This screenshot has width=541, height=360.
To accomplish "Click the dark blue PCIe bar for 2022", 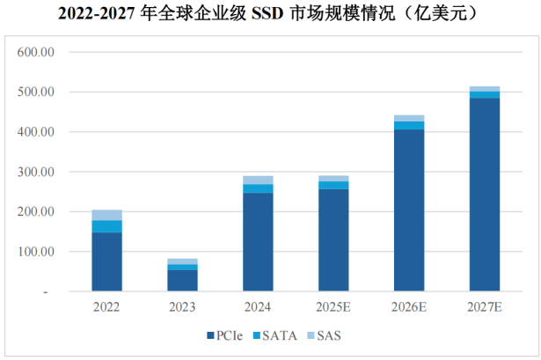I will pyautogui.click(x=106, y=261).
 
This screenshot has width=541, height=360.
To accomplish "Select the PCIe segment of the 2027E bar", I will pyautogui.click(x=484, y=194).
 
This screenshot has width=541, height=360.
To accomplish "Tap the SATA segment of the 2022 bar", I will pyautogui.click(x=106, y=226).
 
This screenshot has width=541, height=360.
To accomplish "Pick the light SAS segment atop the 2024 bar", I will pyautogui.click(x=258, y=180).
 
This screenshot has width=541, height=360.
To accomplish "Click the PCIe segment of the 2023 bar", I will pyautogui.click(x=182, y=280).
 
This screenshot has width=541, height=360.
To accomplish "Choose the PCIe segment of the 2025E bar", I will pyautogui.click(x=333, y=239).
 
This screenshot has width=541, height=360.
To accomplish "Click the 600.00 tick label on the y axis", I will pyautogui.click(x=37, y=52).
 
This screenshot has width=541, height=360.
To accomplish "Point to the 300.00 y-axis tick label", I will pyautogui.click(x=37, y=172).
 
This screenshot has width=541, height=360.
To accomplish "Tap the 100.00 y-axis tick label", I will pyautogui.click(x=37, y=252).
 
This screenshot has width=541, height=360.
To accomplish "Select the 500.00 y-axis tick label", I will pyautogui.click(x=37, y=92).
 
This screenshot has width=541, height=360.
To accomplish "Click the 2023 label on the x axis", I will pyautogui.click(x=182, y=308).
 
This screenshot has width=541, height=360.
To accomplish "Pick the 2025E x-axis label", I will pyautogui.click(x=333, y=308).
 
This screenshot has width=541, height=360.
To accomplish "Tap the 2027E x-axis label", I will pyautogui.click(x=484, y=308).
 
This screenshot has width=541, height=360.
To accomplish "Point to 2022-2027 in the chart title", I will pyautogui.click(x=98, y=14).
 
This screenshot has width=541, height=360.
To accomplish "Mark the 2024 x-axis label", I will pyautogui.click(x=258, y=308).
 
